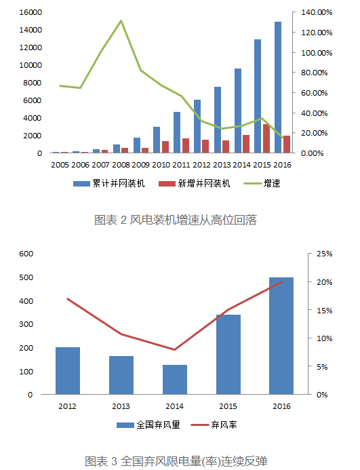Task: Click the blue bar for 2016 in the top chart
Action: (278, 87)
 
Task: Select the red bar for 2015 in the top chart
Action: (266, 138)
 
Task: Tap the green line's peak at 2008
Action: (121, 20)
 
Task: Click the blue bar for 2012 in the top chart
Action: (197, 126)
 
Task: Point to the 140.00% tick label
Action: (317, 13)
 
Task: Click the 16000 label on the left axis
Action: (31, 12)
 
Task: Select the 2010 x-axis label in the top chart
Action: (161, 165)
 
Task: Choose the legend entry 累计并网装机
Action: (109, 183)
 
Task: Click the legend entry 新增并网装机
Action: (195, 183)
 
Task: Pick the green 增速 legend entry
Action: (262, 183)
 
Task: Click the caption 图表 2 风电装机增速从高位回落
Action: (176, 220)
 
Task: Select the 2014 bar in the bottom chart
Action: (175, 380)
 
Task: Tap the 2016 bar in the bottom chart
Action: (281, 336)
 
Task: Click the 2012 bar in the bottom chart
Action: (68, 371)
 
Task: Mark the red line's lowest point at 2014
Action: (174, 349)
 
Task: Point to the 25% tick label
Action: (324, 254)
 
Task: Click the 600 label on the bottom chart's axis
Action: (26, 254)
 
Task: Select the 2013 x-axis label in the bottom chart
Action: (121, 406)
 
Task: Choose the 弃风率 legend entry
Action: (214, 425)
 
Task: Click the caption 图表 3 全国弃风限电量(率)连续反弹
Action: (176, 461)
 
